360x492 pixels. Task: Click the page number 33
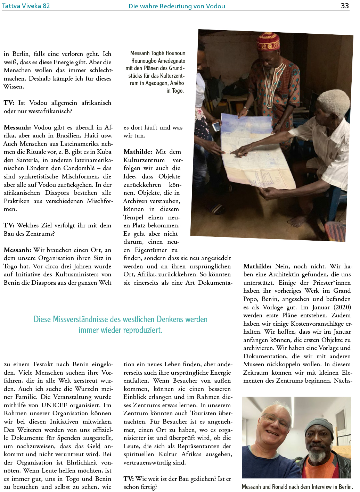pyautogui.click(x=345, y=6)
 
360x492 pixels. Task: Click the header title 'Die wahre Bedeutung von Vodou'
pyautogui.click(x=177, y=6)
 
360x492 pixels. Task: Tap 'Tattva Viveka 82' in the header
pyautogui.click(x=26, y=6)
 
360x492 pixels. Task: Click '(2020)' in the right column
pyautogui.click(x=342, y=307)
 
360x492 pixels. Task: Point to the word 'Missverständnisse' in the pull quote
pyautogui.click(x=79, y=319)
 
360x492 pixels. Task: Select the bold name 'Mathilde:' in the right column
pyautogui.click(x=257, y=266)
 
